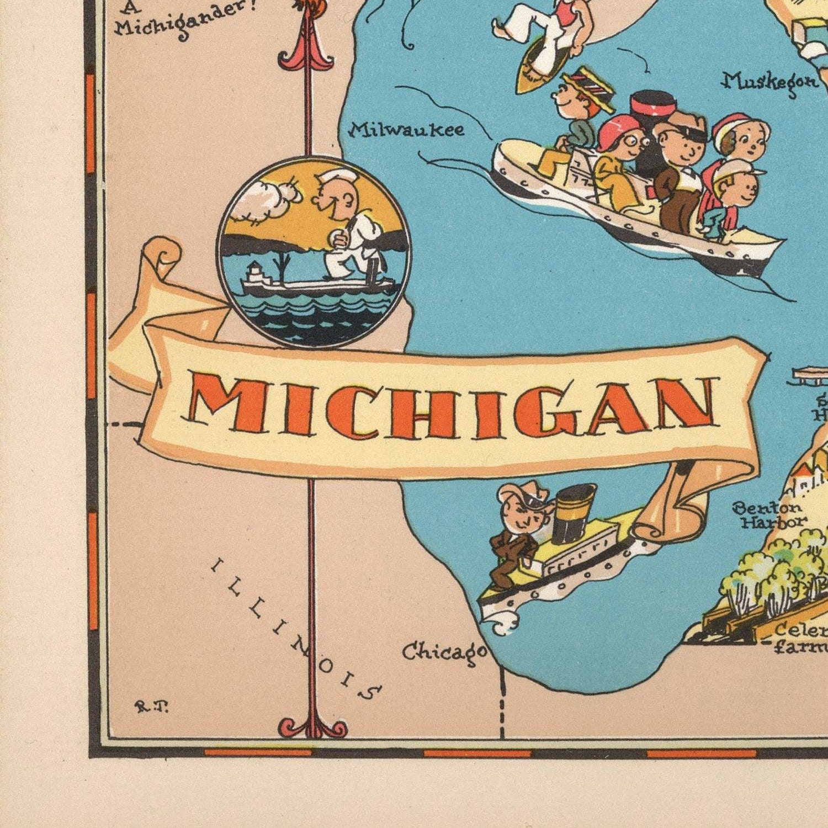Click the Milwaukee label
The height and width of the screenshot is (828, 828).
click(x=407, y=130)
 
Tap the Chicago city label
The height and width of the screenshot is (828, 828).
click(x=444, y=652)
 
